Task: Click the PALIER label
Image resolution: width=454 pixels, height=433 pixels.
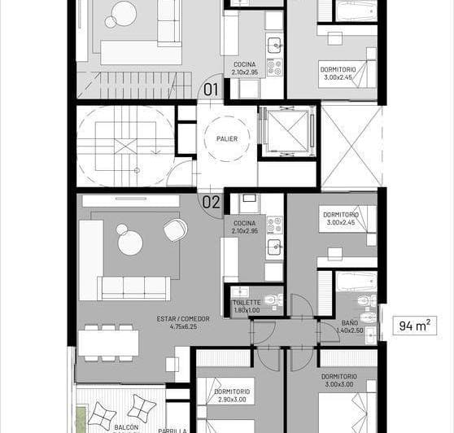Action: tap(227, 138)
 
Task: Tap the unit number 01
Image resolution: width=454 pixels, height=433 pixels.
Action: tap(212, 90)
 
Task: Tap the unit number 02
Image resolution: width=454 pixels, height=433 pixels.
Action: tap(212, 202)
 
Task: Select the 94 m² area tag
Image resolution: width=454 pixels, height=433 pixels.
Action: tap(415, 326)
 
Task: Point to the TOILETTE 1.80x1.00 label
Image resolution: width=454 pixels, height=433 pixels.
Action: tap(246, 305)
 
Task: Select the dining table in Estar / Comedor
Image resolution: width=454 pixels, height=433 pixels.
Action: tap(107, 342)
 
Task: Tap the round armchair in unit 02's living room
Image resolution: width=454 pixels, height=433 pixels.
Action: tap(174, 230)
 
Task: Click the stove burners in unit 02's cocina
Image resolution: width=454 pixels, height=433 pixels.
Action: tap(274, 225)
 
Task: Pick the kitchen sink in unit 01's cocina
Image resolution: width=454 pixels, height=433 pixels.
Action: tap(275, 46)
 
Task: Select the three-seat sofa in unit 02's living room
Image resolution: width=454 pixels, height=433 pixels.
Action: tap(133, 286)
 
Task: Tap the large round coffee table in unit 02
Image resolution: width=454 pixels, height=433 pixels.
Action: tap(130, 242)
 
